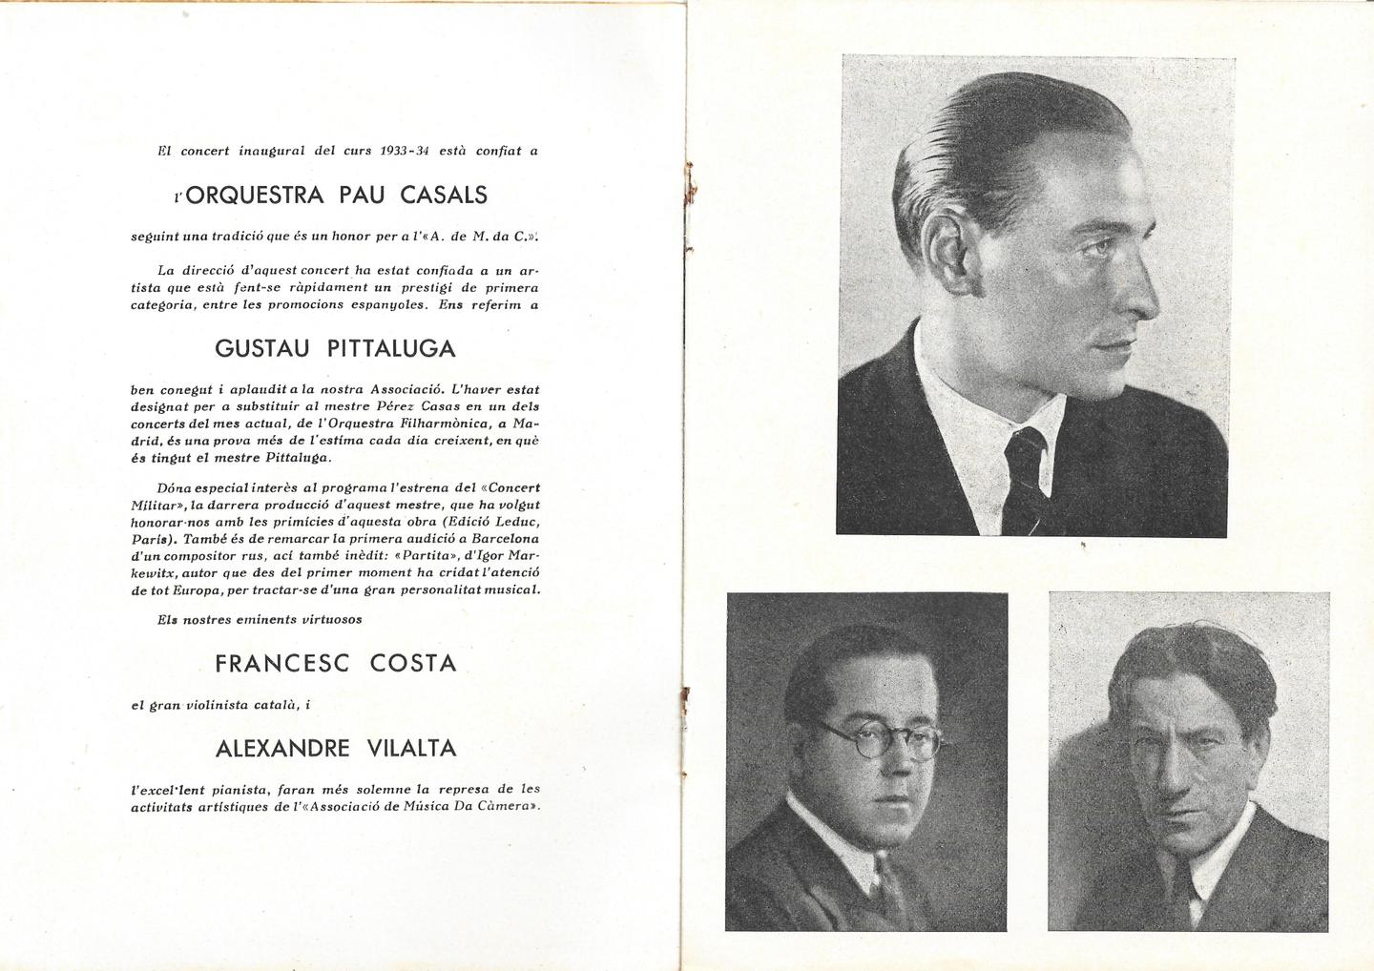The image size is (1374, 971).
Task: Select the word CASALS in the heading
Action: pyautogui.click(x=444, y=196)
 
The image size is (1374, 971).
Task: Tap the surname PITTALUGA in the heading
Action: pyautogui.click(x=391, y=348)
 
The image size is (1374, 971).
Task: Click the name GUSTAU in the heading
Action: pyautogui.click(x=262, y=348)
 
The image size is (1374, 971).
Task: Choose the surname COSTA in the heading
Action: pyautogui.click(x=413, y=663)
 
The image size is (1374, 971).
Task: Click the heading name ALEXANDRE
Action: pyautogui.click(x=282, y=749)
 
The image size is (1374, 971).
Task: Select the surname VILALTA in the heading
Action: pyautogui.click(x=411, y=749)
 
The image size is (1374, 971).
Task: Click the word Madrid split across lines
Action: pyautogui.click(x=526, y=423)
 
